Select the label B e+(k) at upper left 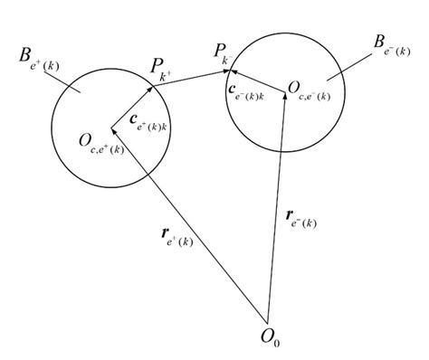pyautogui.click(x=38, y=59)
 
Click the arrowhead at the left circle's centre pyautogui.click(x=115, y=126)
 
